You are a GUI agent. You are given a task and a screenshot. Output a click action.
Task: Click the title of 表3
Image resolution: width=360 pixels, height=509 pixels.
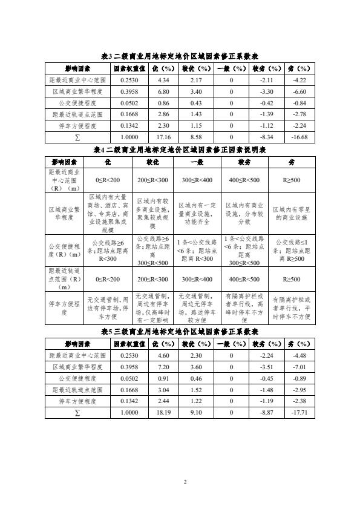pyautogui.click(x=180, y=56)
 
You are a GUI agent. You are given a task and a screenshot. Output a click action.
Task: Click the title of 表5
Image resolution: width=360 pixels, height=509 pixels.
pyautogui.click(x=180, y=332)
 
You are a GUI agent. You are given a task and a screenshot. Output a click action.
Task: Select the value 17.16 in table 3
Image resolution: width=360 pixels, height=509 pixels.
pyautogui.click(x=163, y=137)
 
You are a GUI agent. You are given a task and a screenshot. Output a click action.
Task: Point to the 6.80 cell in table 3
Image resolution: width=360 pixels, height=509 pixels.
pyautogui.click(x=163, y=91)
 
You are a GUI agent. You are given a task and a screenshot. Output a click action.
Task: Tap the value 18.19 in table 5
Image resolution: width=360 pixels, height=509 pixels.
pyautogui.click(x=163, y=412)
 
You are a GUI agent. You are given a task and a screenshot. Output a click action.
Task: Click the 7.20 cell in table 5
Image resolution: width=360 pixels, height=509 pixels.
pyautogui.click(x=163, y=367)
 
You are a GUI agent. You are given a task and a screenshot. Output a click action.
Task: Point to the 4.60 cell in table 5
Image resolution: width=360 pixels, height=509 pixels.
pyautogui.click(x=163, y=355)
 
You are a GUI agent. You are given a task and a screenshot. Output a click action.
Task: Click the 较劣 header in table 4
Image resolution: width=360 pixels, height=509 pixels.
pyautogui.click(x=244, y=162)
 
